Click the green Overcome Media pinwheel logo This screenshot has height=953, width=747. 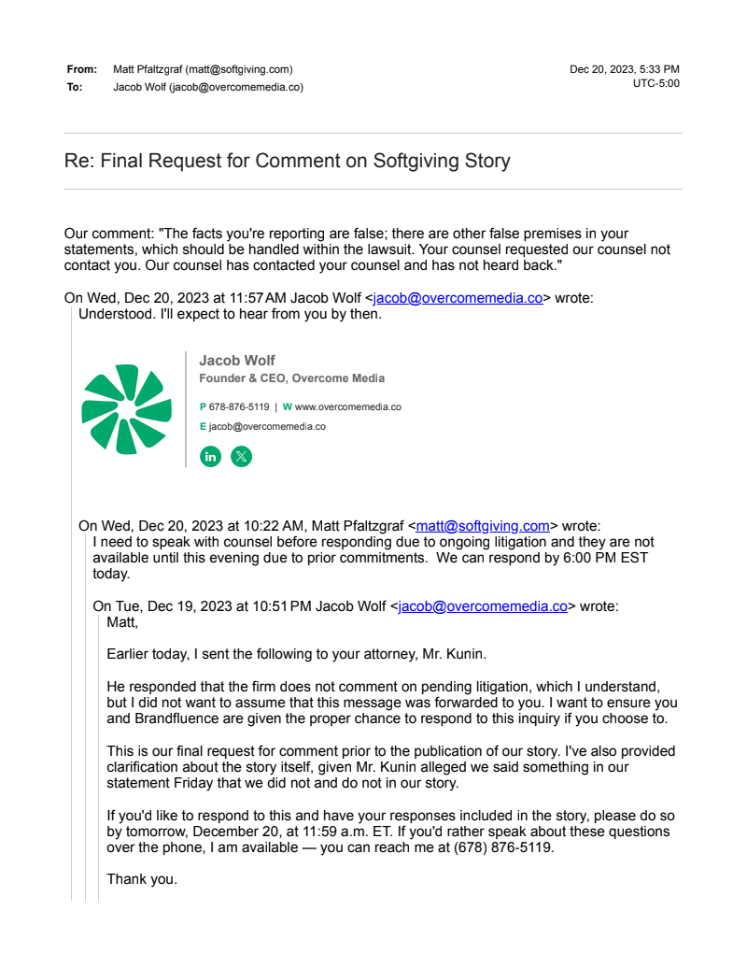127,409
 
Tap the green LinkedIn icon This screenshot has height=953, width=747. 211,457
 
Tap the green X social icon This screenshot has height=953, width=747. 241,457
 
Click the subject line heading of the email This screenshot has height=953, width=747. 287,161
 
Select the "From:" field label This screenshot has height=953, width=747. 81,69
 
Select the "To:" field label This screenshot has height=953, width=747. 75,87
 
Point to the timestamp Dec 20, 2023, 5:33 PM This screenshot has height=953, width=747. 624,69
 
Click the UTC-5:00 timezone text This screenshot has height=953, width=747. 655,83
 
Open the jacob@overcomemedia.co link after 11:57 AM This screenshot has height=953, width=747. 458,298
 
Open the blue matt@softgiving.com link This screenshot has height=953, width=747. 483,525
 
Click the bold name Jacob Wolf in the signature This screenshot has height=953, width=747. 237,361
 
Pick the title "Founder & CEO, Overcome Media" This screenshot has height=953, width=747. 291,378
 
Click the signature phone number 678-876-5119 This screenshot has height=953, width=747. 239,407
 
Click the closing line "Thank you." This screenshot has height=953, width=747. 141,879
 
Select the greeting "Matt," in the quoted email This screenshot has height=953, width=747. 122,621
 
